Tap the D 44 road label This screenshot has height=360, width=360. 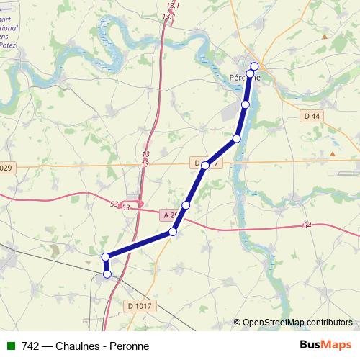click(310, 117)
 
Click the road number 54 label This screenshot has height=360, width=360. click(307, 226)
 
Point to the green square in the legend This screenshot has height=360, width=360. click(10, 346)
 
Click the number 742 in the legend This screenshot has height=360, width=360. click(31, 346)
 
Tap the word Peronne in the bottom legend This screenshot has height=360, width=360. click(130, 346)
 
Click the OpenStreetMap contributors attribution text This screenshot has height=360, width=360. click(297, 323)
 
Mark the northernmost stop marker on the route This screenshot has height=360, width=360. click(254, 66)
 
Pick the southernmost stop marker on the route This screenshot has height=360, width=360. click(107, 274)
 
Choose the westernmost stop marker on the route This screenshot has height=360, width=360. click(105, 257)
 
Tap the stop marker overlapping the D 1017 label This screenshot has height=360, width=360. click(205, 166)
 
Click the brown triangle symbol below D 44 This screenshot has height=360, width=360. click(333, 153)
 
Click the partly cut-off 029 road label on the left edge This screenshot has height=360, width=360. click(6, 168)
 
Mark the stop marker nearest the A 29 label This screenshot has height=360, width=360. click(186, 206)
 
